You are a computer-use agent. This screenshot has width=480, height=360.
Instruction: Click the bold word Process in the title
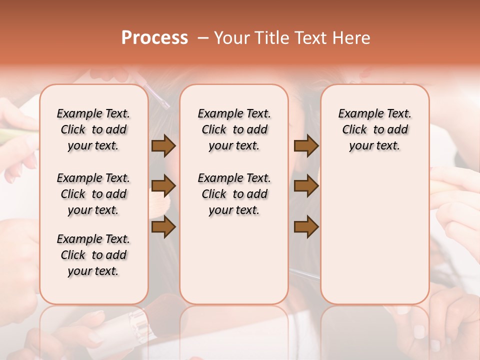pos(154,37)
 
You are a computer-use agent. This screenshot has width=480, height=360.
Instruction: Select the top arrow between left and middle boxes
pos(163,145)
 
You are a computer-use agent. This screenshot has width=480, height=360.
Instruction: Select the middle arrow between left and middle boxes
pos(163,186)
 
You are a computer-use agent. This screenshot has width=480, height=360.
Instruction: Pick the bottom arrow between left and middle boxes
pos(163,227)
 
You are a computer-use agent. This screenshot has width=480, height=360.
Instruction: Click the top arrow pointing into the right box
pos(306,145)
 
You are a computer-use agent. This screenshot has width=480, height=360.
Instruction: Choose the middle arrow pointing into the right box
pos(306,186)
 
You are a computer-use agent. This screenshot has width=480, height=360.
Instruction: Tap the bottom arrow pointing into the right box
pos(306,227)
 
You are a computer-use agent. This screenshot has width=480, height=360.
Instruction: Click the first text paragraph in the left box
pos(93,129)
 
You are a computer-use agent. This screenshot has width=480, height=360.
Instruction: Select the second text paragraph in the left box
pos(93,194)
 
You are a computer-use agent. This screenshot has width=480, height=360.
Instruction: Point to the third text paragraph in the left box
pos(93,255)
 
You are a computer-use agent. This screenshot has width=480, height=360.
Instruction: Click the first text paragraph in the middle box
pos(234,129)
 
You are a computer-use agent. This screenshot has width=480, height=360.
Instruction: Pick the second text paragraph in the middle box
pos(234,194)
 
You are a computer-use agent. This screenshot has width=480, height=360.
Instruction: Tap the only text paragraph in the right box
pos(374,129)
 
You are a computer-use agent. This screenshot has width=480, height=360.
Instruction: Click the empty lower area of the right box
pos(374,230)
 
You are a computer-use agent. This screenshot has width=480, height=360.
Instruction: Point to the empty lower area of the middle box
pos(234,260)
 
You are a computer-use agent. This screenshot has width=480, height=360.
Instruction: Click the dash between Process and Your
pos(203,38)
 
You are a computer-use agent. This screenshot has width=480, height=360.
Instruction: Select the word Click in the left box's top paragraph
pos(73,129)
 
